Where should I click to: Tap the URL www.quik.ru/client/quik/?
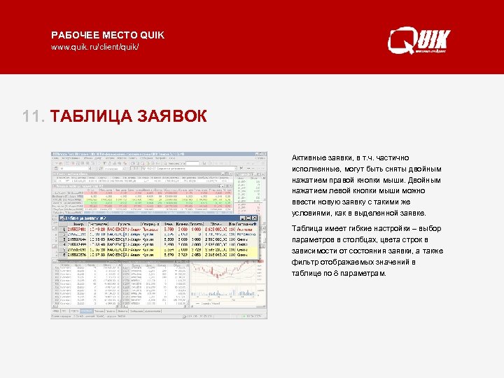(x=95, y=48)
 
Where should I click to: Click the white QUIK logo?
(x=419, y=41)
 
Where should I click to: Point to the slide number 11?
(x=33, y=116)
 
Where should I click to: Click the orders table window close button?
(x=255, y=219)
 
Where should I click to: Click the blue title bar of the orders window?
(x=140, y=219)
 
